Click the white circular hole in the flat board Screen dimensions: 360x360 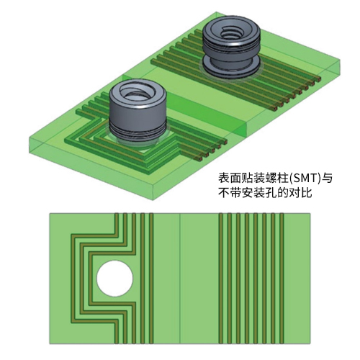pos(114,279)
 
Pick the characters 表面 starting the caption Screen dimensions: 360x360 pos(230,179)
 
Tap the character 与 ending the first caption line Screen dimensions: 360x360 pos(327,179)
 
